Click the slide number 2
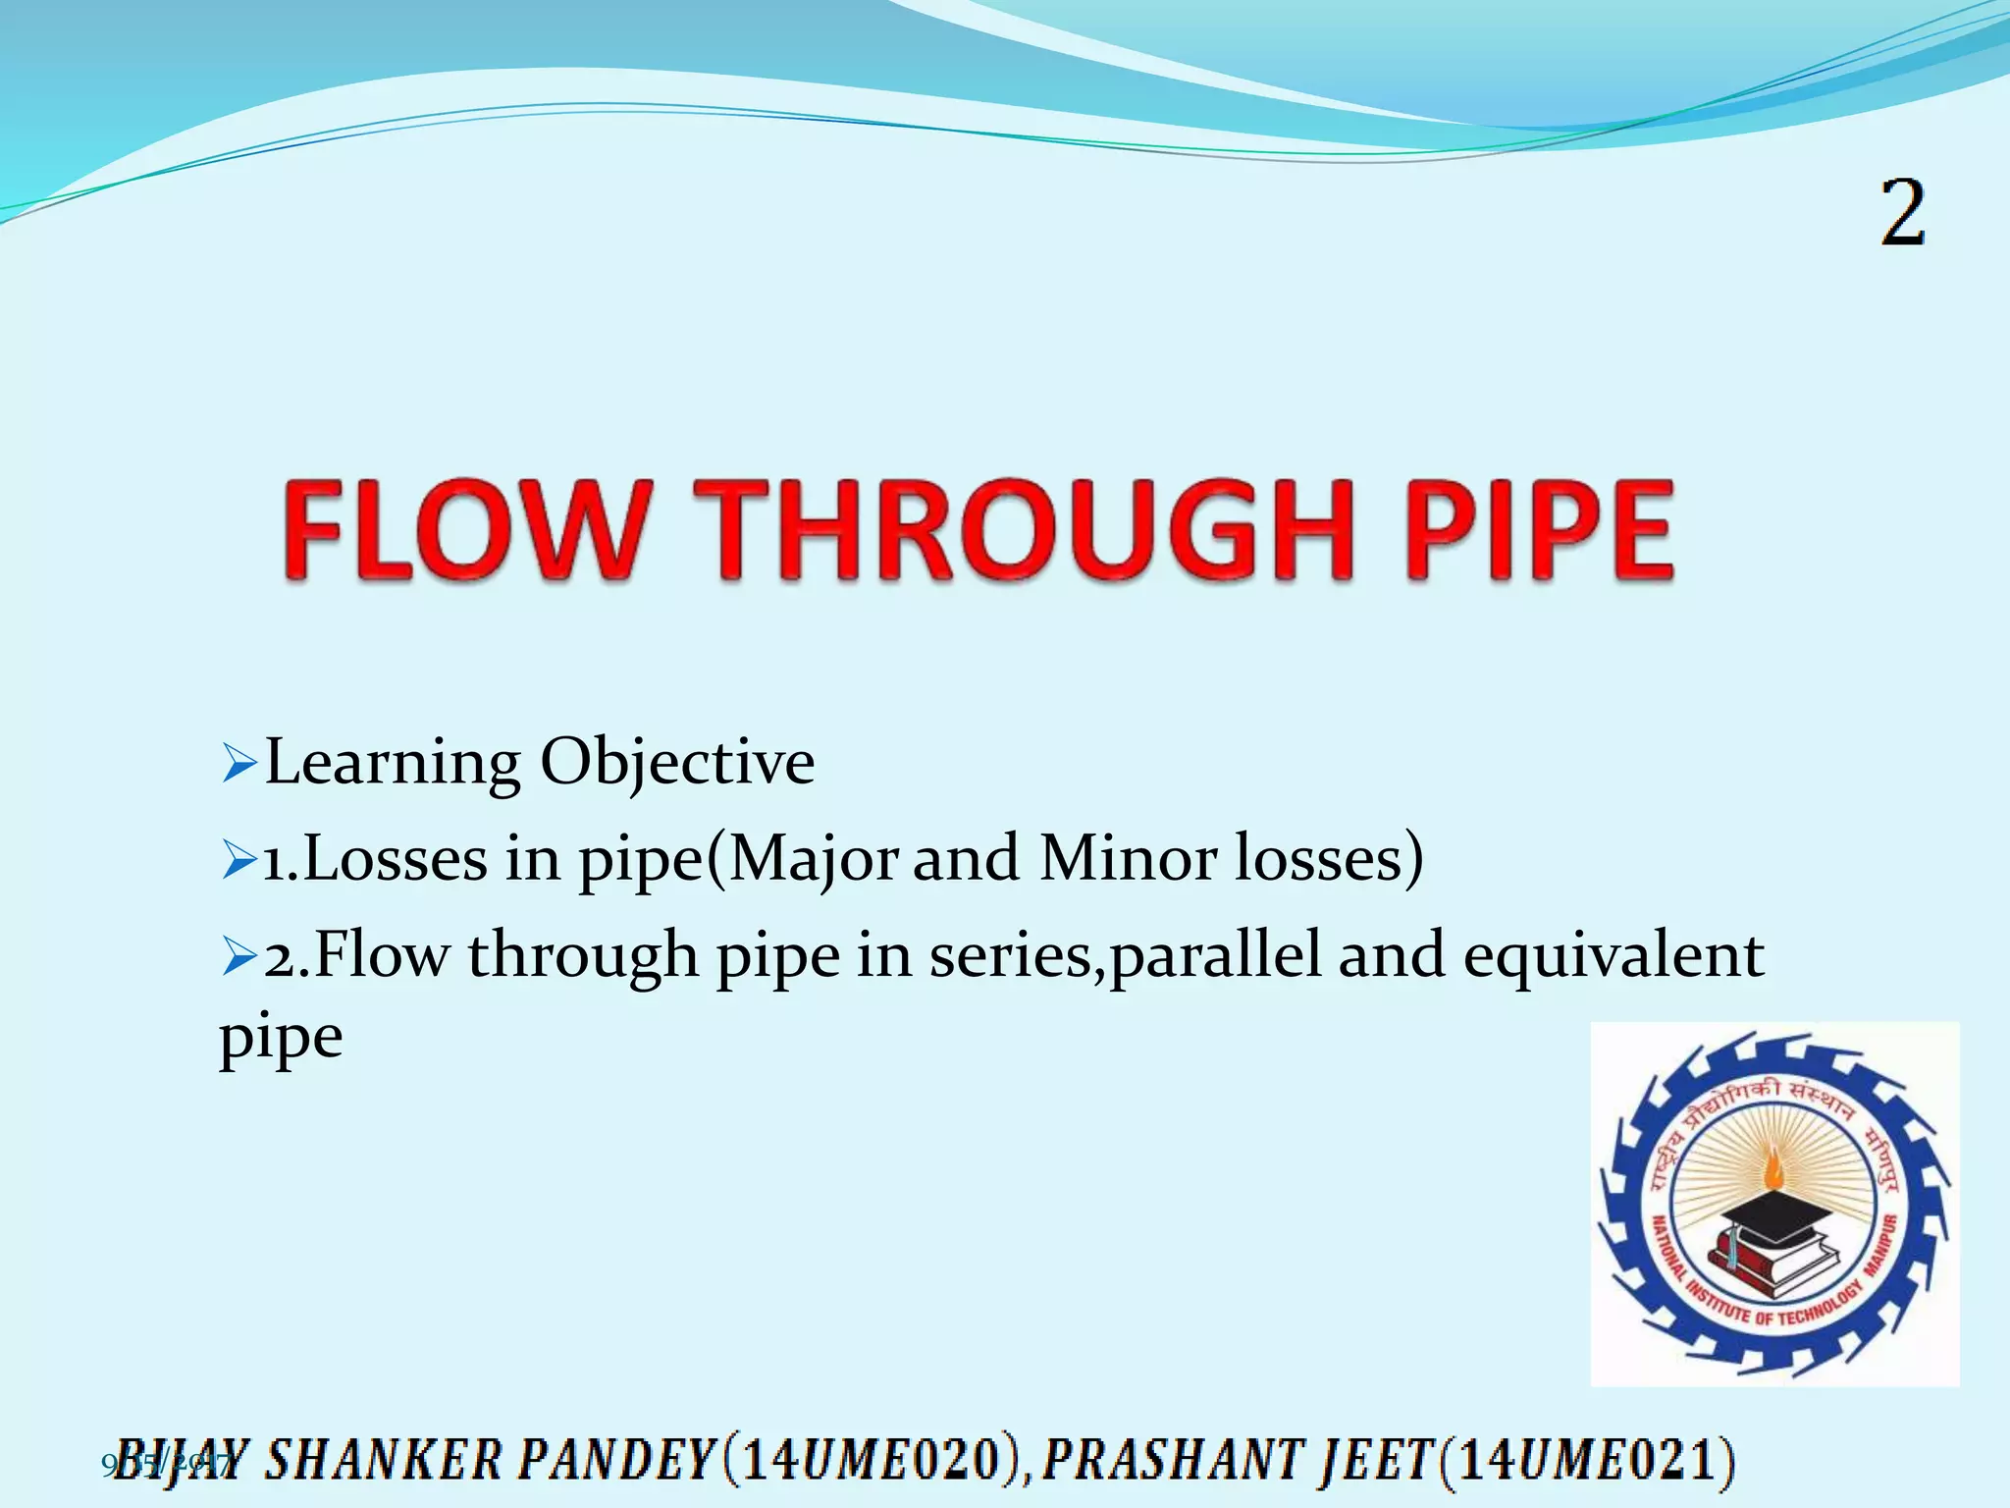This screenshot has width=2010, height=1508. click(1902, 213)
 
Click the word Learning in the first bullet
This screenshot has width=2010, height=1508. click(393, 764)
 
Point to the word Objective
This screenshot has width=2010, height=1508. click(677, 764)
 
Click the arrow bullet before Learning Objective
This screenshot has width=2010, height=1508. click(238, 765)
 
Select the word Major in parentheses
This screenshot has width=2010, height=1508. click(813, 860)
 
